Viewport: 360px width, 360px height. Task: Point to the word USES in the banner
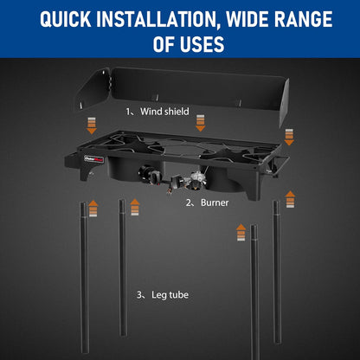coord(202,44)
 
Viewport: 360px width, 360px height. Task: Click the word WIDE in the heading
coord(247,19)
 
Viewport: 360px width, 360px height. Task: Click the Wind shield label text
coord(164,112)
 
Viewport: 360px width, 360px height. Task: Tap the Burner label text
coord(215,202)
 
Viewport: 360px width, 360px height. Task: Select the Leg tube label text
coord(170,295)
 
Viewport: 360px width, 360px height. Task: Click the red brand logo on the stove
coord(93,159)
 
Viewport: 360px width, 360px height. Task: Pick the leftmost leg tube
coord(84,277)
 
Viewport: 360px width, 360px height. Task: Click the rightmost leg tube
coord(277,271)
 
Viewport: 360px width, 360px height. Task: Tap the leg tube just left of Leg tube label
coord(123,267)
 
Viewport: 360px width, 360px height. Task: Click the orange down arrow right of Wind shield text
coord(200,123)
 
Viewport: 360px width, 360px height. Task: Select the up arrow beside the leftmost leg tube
coord(93,209)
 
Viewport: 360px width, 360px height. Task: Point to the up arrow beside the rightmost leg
coord(290,199)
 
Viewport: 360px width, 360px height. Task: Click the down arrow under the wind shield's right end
coord(289,137)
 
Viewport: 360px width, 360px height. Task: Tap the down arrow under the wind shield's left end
coord(92,125)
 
